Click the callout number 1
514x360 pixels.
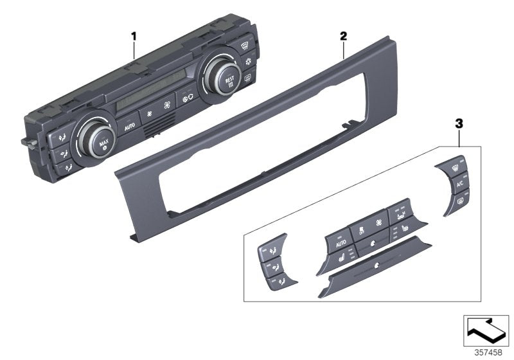134,36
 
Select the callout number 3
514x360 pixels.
459,122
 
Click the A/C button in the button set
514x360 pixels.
459,184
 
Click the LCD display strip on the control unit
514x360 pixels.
154,100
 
